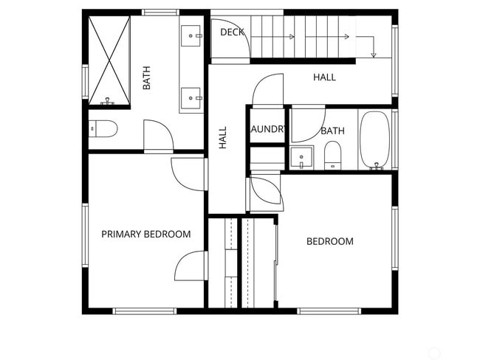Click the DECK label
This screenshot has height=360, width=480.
232,32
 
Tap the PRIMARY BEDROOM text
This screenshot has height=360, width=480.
145,234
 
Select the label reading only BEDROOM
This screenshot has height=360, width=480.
329,241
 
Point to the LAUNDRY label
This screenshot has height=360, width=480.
267,130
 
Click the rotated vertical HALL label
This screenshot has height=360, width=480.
223,138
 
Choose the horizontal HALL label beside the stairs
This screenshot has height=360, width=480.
324,77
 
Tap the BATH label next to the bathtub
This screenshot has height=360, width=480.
332,131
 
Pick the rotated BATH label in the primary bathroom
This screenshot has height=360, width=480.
146,78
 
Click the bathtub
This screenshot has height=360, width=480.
374,140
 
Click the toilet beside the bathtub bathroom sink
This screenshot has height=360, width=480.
333,155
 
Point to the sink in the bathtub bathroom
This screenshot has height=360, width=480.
301,157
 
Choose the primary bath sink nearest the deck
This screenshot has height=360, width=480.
192,34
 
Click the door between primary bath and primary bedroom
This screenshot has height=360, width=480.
158,136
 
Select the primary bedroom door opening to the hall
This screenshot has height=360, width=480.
188,173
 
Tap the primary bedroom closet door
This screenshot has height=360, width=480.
191,266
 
